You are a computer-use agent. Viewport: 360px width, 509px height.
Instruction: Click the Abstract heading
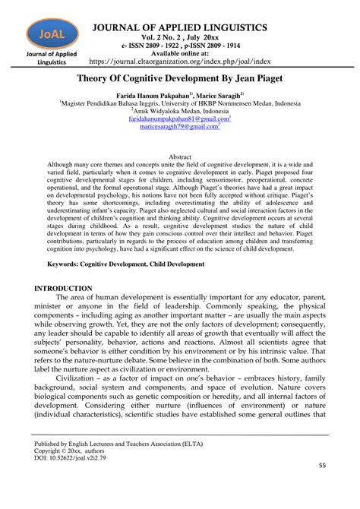[179, 154]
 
